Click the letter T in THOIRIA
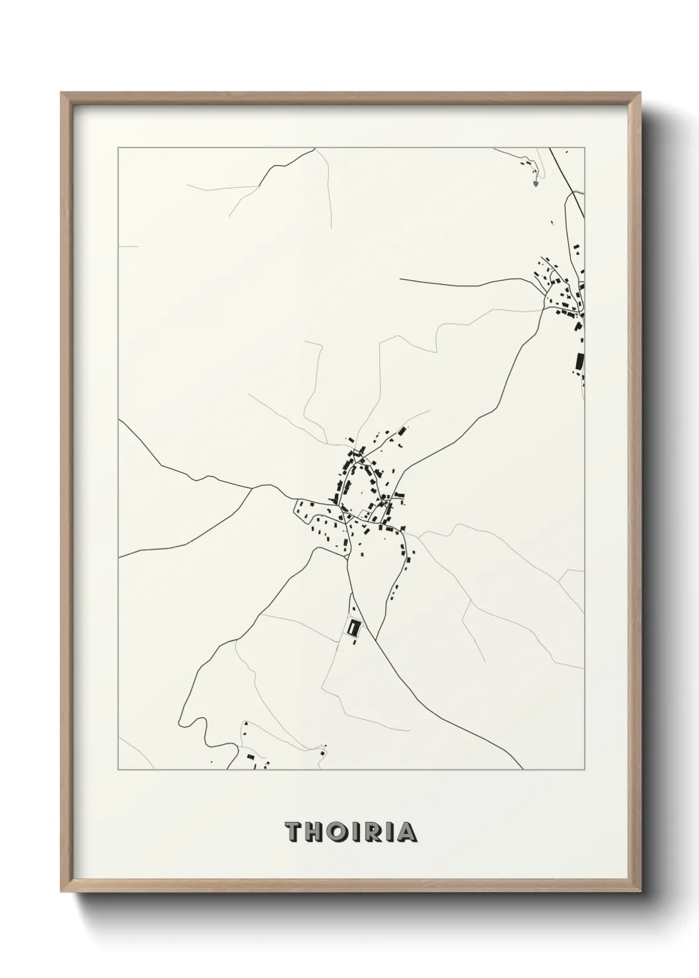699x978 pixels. click(x=293, y=833)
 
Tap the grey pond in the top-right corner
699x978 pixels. click(x=534, y=183)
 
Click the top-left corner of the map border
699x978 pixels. click(x=118, y=148)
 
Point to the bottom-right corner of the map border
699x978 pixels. click(x=585, y=770)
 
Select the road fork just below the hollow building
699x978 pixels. click(x=375, y=640)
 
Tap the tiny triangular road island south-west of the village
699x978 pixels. click(x=346, y=558)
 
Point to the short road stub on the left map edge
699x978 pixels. click(x=128, y=246)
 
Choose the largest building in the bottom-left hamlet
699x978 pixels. click(x=250, y=757)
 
